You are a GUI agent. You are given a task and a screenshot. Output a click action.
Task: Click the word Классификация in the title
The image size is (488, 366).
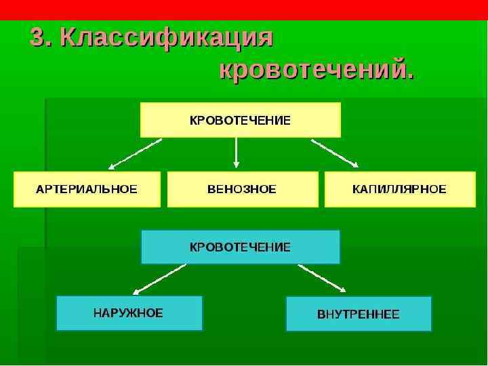166,39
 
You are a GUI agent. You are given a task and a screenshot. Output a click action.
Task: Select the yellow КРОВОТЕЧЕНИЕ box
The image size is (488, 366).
240,120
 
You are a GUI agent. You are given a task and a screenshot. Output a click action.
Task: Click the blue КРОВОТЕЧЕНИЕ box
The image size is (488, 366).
240,247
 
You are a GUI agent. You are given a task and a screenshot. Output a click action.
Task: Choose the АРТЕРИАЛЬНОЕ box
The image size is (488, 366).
87,189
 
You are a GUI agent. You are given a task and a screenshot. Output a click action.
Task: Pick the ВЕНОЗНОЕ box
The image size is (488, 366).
242,189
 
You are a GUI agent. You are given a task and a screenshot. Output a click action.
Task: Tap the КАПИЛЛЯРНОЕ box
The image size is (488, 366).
400,189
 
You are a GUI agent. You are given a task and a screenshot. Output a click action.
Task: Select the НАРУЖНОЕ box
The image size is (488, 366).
129,313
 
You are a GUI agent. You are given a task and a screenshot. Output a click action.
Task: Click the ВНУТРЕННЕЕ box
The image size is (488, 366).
359,314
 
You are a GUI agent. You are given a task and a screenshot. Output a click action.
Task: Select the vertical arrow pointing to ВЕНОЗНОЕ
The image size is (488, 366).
236,153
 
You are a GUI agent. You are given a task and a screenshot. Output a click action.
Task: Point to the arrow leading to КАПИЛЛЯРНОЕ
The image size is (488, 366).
335,153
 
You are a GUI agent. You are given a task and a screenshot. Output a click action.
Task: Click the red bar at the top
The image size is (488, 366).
244,9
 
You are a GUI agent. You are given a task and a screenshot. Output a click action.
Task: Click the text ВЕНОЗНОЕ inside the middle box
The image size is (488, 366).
242,189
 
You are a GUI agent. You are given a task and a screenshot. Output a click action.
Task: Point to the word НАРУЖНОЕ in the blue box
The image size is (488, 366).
128,313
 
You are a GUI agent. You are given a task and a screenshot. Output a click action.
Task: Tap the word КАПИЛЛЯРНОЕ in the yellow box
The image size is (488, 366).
400,189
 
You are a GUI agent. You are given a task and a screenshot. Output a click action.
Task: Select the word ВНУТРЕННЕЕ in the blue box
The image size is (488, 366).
359,314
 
